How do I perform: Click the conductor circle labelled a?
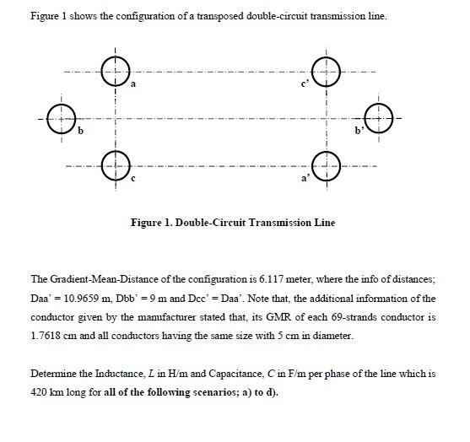click(x=114, y=71)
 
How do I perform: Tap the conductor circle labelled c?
click(x=114, y=164)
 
